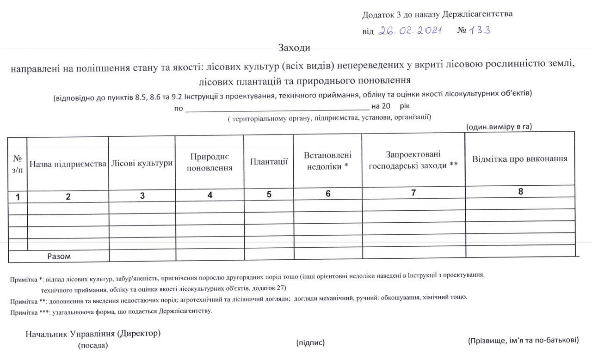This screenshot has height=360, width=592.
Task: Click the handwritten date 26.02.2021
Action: (410, 31)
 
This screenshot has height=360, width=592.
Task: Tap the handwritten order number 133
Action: (480, 31)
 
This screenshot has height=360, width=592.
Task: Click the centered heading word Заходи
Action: (294, 48)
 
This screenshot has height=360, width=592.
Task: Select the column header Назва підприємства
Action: (68, 164)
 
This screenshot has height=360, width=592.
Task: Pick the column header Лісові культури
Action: (142, 163)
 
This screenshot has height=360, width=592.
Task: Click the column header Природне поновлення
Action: (210, 162)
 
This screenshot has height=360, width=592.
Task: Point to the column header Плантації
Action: (269, 162)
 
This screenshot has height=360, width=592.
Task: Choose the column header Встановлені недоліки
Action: (327, 160)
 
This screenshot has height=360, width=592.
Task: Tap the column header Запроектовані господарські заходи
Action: (413, 159)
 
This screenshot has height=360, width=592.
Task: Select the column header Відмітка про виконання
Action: (519, 159)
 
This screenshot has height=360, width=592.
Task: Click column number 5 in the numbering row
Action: (269, 195)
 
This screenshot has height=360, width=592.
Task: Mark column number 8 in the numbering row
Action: (520, 192)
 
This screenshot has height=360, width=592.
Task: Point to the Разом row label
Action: (59, 256)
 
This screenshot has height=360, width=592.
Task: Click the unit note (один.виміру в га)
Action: (499, 127)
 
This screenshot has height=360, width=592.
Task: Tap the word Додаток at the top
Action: (377, 15)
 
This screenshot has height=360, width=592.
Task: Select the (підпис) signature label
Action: (310, 342)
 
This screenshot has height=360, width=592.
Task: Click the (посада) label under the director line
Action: (92, 345)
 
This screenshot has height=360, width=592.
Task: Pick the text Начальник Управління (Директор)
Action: (93, 333)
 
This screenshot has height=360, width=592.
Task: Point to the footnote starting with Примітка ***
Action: (111, 311)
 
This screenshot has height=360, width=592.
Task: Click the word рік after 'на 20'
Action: (404, 106)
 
